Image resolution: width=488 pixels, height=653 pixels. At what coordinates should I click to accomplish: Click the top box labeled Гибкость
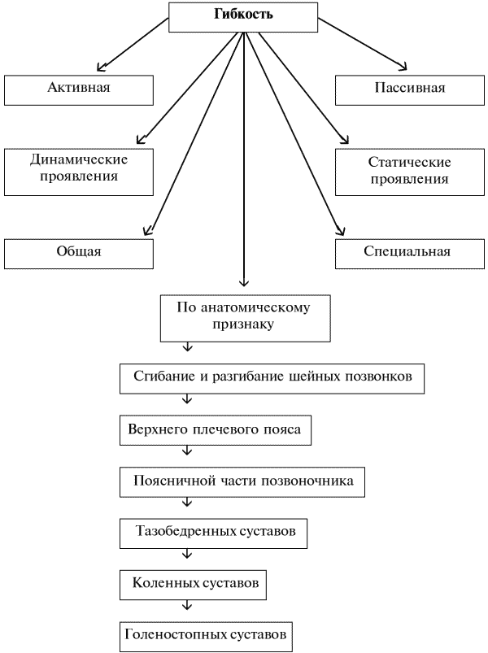(243, 16)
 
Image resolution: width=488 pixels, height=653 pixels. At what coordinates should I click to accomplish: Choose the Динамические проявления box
(79, 168)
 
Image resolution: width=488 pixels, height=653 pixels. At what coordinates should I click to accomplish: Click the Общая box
(79, 251)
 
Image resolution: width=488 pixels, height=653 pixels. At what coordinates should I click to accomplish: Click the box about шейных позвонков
(272, 377)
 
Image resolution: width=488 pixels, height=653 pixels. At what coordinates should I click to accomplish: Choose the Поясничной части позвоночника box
(243, 481)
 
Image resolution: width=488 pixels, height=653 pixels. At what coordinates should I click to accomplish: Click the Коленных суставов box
(194, 583)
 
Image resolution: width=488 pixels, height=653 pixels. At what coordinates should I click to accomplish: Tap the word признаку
(242, 324)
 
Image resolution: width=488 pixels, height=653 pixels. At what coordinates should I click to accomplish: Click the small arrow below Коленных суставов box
(188, 606)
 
